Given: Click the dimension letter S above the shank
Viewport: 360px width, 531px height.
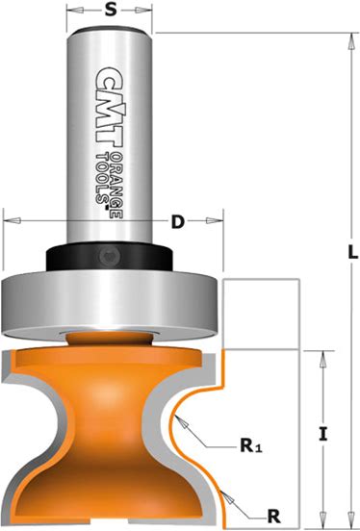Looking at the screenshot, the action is [x=110, y=10].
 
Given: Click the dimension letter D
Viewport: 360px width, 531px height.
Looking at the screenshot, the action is [x=177, y=222].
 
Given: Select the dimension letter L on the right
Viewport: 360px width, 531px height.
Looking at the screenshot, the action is [x=353, y=252].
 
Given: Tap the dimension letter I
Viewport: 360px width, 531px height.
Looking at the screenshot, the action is [x=323, y=434].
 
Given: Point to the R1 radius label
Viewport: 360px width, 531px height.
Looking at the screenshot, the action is [x=251, y=445].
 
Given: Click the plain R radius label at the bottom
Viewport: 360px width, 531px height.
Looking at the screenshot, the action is [x=274, y=517].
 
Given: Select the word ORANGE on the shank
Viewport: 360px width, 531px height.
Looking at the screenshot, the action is [x=116, y=186].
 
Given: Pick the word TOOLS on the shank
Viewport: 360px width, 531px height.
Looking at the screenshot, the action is [x=102, y=179].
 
